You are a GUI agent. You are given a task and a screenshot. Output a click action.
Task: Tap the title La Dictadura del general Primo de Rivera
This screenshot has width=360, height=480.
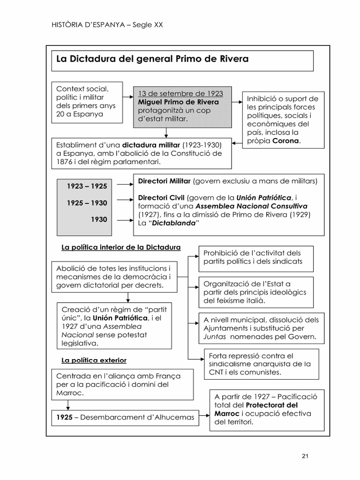[152, 59]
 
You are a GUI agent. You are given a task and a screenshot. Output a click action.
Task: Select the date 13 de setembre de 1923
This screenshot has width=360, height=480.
[180, 93]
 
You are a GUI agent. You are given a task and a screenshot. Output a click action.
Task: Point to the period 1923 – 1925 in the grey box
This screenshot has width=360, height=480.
[87, 186]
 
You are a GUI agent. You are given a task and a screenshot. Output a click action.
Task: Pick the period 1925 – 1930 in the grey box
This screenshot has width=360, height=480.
[87, 203]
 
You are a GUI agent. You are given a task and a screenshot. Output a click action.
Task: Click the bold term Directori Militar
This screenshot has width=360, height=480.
[165, 181]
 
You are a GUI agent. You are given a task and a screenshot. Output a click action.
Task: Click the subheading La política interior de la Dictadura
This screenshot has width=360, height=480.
[121, 247]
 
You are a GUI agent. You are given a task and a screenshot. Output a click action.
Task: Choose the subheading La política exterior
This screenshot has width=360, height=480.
[94, 360]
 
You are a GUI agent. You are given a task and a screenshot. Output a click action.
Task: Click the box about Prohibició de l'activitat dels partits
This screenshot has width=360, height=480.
[256, 257]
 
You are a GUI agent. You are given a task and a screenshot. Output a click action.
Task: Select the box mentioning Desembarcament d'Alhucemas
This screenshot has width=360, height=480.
[125, 416]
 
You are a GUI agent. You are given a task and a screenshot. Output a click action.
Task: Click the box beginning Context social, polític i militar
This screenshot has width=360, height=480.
[87, 102]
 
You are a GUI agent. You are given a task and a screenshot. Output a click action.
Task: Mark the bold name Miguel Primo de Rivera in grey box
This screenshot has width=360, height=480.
[178, 102]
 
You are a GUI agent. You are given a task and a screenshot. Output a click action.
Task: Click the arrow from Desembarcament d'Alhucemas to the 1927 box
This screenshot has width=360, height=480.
[203, 416]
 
